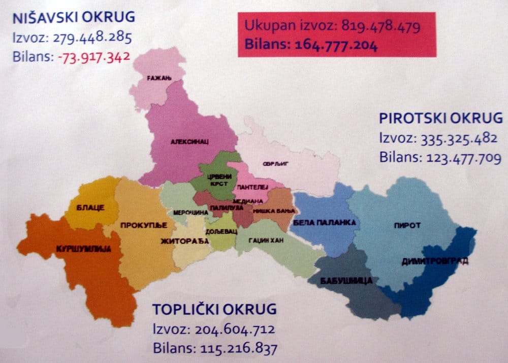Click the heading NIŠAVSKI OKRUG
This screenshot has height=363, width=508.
[x=74, y=17]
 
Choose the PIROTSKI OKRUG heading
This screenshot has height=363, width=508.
[x=440, y=119]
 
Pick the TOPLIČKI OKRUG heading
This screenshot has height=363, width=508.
[x=215, y=309]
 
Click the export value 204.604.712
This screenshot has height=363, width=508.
[x=234, y=329]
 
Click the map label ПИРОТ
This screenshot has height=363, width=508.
[x=407, y=226]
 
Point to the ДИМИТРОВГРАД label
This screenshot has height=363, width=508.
[x=434, y=262]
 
